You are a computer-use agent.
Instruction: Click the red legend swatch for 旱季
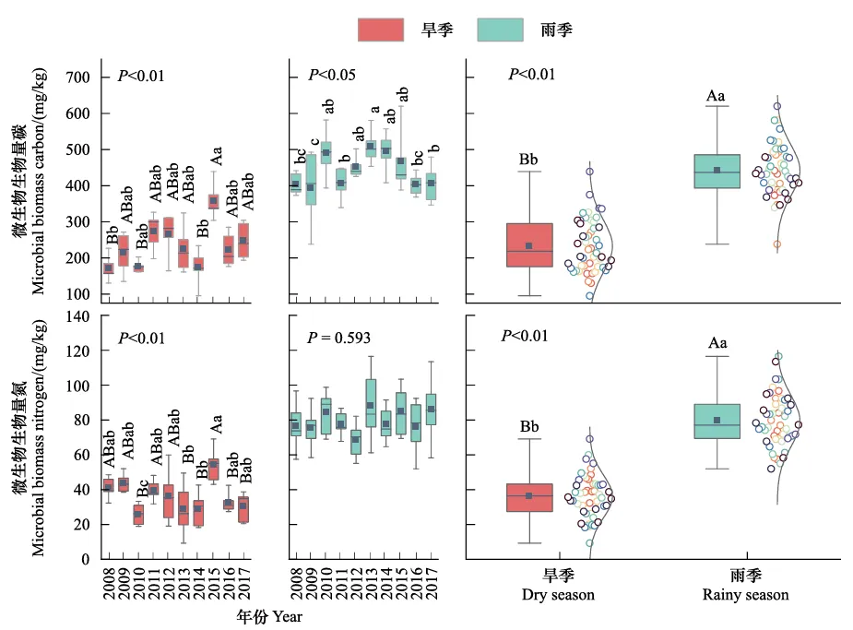tap(380, 30)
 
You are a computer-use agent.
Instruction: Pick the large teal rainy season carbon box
tap(716, 172)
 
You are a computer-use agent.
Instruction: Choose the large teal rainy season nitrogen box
tap(716, 421)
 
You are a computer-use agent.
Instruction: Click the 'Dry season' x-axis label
tap(560, 595)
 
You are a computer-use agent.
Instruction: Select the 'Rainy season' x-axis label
tap(745, 595)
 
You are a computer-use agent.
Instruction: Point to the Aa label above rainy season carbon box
tap(717, 95)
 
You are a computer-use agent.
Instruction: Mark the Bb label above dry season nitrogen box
tap(528, 427)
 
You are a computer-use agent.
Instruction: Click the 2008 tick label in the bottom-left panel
tap(109, 586)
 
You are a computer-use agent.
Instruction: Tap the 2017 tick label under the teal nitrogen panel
tap(432, 586)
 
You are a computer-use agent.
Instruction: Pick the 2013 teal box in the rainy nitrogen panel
tap(372, 403)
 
